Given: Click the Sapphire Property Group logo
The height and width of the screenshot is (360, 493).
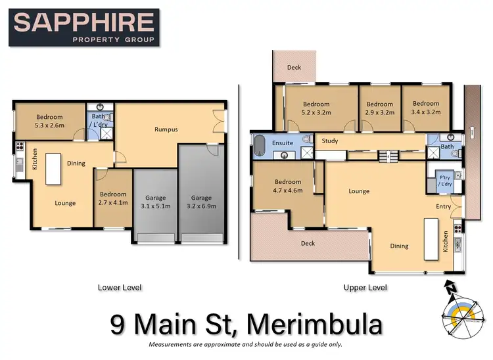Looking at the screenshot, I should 85,28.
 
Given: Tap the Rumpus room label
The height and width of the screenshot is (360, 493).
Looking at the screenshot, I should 166,129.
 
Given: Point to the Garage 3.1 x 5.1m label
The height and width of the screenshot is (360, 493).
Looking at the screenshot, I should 155,202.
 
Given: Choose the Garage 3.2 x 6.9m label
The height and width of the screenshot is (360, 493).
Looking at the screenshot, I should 202,202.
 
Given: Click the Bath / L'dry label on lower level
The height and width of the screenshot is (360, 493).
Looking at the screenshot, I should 99,121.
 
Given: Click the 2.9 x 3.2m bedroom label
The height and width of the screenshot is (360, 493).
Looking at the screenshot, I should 379,108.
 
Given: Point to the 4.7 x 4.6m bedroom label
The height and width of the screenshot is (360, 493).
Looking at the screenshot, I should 287,186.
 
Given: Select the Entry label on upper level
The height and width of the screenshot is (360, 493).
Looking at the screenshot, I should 444,206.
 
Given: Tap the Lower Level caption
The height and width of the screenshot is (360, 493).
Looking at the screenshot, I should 119,287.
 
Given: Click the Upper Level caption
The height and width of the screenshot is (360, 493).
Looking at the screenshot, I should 365,287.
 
